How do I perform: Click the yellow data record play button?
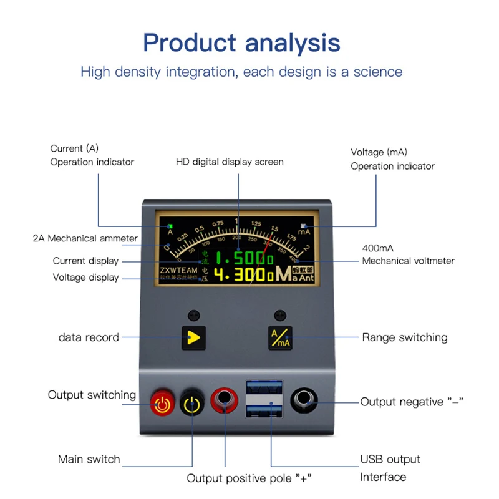point(193,337)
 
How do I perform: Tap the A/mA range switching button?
point(279,337)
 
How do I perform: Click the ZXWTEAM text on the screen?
point(178,271)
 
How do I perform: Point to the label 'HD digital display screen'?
point(230,162)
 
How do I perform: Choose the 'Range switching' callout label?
point(405,337)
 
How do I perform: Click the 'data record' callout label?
point(89,337)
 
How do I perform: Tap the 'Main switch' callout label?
point(89,460)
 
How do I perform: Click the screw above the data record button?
point(193,316)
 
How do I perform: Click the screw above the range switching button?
point(280,316)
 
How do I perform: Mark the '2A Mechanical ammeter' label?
point(85,238)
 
